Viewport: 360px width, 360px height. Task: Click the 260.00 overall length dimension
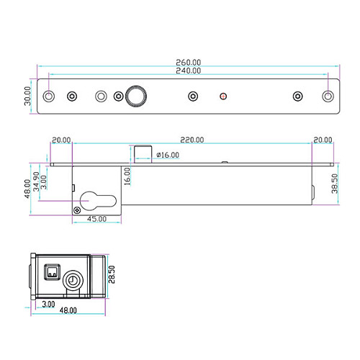tap(189, 63)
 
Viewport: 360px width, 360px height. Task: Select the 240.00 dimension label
tap(189, 71)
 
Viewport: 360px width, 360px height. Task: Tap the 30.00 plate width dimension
tap(27, 96)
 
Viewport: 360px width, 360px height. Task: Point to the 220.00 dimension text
tap(192, 140)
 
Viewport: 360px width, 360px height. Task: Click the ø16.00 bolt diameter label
tap(168, 155)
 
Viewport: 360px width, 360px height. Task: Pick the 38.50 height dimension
tap(335, 184)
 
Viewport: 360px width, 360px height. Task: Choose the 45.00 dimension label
tap(96, 219)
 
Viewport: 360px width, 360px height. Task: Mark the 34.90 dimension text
tap(36, 181)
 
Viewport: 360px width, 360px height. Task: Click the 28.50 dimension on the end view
tap(112, 274)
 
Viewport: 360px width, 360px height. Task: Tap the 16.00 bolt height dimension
tap(127, 176)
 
